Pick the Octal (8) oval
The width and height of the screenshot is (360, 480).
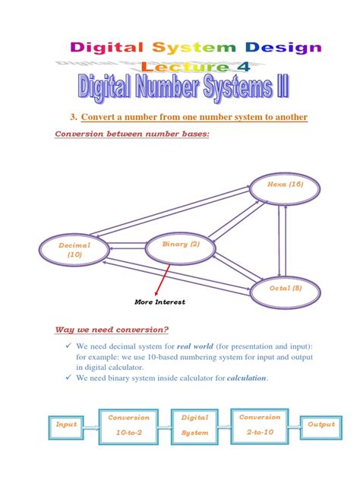pyautogui.click(x=285, y=289)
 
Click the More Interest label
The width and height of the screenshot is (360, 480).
pyautogui.click(x=160, y=302)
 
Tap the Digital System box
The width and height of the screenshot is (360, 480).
pyautogui.click(x=194, y=425)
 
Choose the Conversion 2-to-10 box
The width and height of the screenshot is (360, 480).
pyautogui.click(x=260, y=425)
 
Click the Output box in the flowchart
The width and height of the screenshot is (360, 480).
pyautogui.click(x=320, y=425)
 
